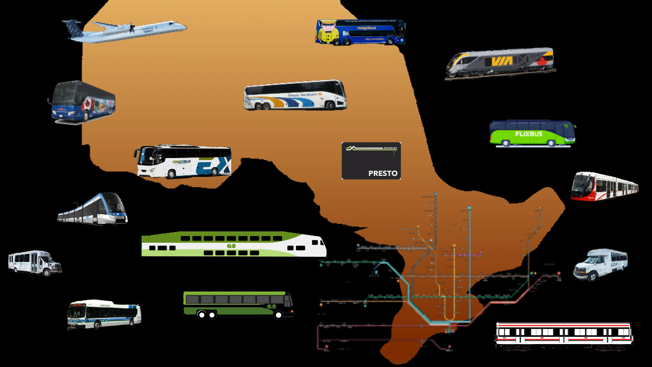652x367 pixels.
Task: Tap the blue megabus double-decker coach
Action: point(361,32)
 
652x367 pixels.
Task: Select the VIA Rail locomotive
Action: point(500,63)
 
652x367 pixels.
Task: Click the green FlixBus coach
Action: point(532,134)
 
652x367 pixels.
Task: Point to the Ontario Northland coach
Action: point(295,95)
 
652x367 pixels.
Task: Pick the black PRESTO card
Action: point(371,161)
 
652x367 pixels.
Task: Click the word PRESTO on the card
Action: point(383,173)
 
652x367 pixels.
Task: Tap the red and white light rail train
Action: point(605,187)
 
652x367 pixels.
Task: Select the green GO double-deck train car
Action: point(234,244)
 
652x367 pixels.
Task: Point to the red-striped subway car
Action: point(564,334)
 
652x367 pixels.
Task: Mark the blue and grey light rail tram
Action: point(93,208)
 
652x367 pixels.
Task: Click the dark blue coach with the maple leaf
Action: point(82,102)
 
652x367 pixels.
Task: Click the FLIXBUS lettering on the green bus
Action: point(528,134)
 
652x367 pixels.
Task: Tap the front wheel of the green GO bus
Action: point(278,314)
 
